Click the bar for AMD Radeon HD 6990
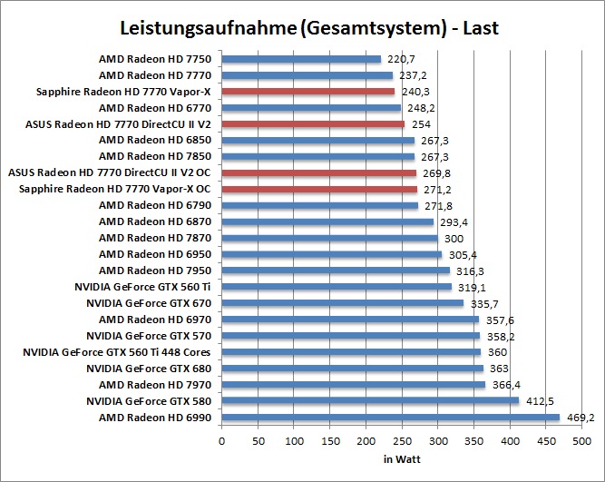[x=390, y=418]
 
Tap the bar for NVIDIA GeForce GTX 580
[x=370, y=401]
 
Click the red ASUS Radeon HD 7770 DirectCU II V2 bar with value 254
[x=313, y=124]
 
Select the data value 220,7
[x=401, y=59]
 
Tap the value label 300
[x=453, y=239]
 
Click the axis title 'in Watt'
[x=401, y=459]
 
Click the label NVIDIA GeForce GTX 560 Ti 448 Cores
[x=118, y=352]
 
